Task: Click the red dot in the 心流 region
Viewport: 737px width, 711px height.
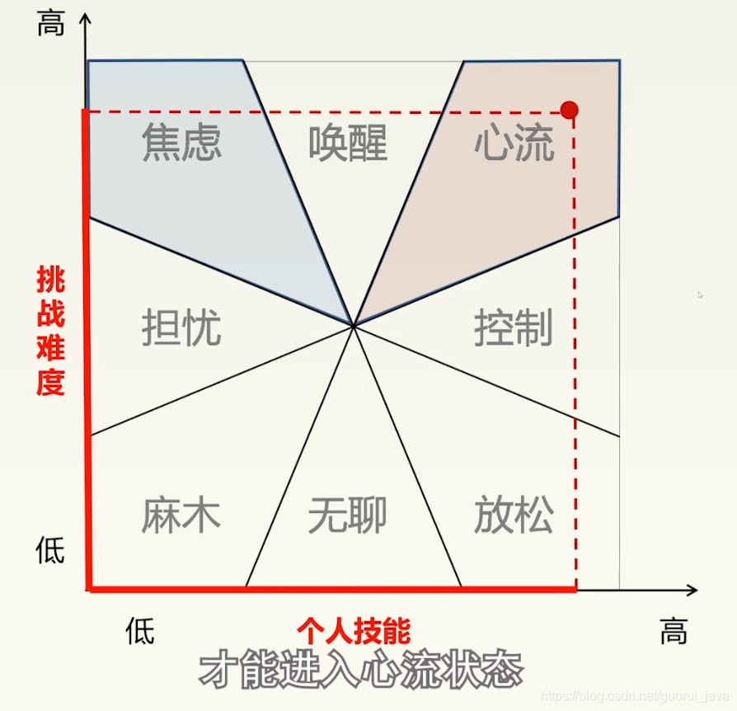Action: [x=569, y=110]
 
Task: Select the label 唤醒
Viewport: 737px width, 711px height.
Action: [x=348, y=143]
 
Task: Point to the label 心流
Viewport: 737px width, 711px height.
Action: [x=514, y=143]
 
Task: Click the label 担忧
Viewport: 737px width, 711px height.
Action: [x=181, y=328]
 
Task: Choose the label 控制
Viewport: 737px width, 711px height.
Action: [x=514, y=328]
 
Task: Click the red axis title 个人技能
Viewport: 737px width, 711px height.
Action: [x=354, y=632]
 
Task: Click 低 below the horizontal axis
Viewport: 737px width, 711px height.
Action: [x=140, y=632]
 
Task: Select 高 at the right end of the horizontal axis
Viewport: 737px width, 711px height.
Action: [x=674, y=632]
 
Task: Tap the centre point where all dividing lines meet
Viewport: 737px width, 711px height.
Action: [x=354, y=326]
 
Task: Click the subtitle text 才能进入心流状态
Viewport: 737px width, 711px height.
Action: [x=360, y=670]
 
